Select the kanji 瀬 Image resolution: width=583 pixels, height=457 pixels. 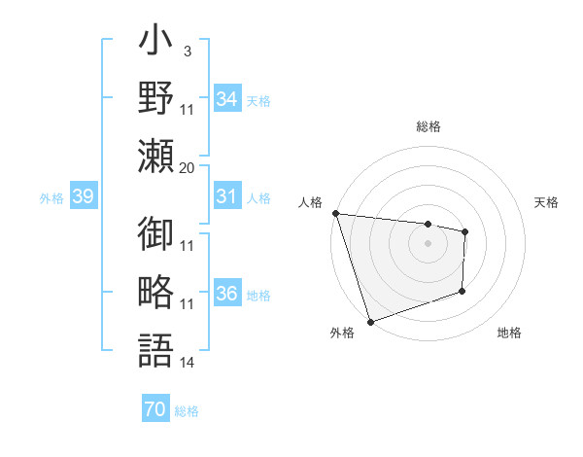coord(156,155)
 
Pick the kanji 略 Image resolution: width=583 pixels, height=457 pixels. coord(156,292)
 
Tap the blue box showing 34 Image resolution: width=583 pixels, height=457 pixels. coord(227,99)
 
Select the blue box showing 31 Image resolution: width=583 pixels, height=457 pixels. coord(227,196)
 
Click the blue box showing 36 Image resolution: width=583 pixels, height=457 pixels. coord(227,295)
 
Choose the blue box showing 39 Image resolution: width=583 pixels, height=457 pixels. coord(83,197)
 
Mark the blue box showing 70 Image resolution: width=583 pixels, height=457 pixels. coord(154,409)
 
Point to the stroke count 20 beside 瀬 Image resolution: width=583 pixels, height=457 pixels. coord(187,167)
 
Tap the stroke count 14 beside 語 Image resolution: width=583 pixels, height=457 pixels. coord(188,363)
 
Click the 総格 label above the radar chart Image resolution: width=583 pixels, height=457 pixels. coord(429,126)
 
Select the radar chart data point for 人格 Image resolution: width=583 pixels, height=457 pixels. coord(335,213)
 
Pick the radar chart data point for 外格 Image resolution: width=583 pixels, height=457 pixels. coord(370,321)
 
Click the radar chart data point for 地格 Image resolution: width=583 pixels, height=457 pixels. coord(463,291)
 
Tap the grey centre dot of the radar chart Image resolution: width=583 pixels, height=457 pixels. coord(428,243)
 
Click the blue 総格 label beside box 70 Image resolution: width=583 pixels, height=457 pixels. coord(187,411)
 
